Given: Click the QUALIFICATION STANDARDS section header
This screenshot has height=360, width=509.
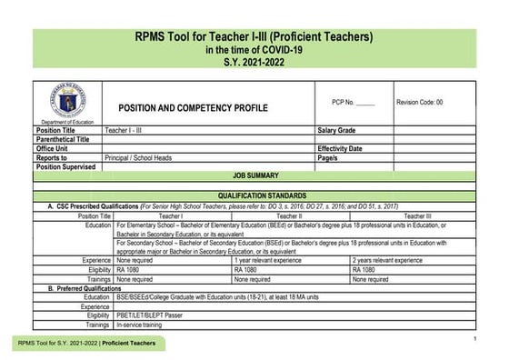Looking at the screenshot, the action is pos(255,196).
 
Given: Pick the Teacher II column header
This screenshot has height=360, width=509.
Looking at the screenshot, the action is pos(289,216).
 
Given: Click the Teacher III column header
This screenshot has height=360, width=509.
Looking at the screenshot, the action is pos(417,216).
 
